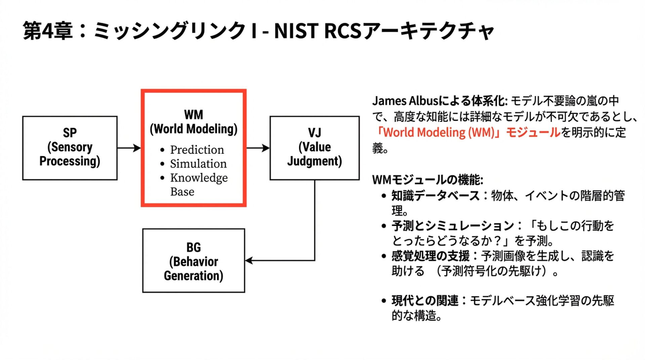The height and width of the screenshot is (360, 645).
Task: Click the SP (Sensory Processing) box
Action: click(70, 148)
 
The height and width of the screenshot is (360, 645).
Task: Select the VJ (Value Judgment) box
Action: click(314, 148)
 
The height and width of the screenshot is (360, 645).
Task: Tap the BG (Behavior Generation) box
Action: click(193, 261)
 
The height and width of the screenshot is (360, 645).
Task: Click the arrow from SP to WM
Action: click(129, 148)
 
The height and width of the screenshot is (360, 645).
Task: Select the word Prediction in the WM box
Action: click(197, 150)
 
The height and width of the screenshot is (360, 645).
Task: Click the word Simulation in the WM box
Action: click(198, 164)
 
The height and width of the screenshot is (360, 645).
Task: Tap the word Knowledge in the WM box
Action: click(199, 178)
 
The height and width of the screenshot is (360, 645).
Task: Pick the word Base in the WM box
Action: click(182, 192)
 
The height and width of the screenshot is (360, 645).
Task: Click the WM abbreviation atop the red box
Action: click(193, 115)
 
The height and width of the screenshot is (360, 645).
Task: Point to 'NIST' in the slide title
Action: click(296, 31)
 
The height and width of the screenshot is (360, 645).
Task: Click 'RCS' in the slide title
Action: click(342, 31)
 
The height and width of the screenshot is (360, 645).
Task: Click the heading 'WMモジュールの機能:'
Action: click(428, 180)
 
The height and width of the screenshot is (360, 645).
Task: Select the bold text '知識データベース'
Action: click(435, 195)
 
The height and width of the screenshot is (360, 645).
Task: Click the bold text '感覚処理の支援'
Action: click(431, 256)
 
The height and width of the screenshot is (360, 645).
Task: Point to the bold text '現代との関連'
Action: click(425, 301)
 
